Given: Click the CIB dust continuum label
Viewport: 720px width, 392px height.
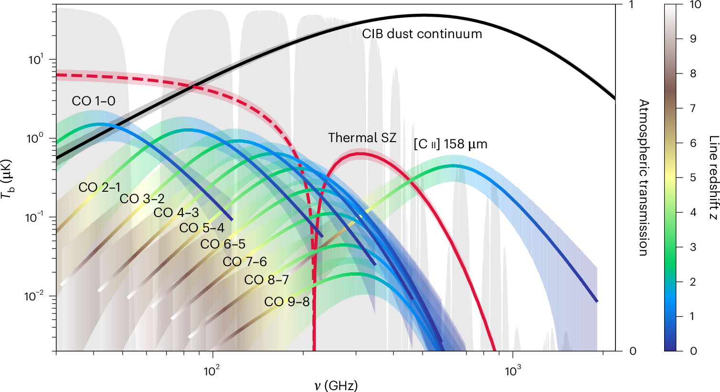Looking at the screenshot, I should point(422,34).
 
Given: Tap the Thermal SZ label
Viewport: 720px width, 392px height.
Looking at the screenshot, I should point(362,138).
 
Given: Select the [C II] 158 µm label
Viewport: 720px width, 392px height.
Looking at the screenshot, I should point(450,144).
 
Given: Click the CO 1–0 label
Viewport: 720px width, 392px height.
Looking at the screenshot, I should point(94,101).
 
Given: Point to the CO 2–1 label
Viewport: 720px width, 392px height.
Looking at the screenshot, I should point(100,188).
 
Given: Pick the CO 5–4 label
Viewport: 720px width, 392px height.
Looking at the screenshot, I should point(201,228).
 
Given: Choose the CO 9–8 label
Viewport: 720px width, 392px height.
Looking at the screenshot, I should point(287,302).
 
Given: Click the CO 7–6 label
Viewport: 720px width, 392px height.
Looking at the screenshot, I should point(244,262).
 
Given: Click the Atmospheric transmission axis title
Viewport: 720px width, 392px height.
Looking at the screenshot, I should point(644,178).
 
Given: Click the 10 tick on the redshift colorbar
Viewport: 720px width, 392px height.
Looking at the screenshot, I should point(695,5).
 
